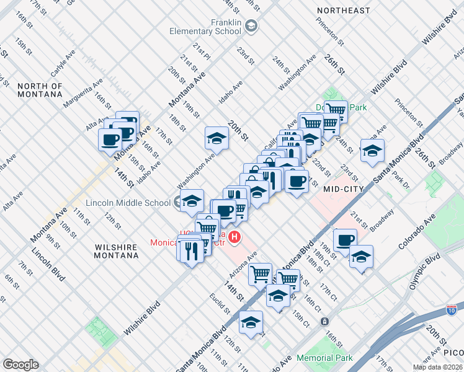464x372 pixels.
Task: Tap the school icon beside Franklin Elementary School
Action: pos(251,26)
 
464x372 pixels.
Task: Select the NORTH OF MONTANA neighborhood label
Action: pos(40,90)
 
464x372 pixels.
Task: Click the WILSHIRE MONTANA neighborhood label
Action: pos(115,251)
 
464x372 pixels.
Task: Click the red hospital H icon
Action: pos(234,236)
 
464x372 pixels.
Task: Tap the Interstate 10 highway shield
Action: pos(451,309)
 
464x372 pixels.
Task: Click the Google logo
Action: pos(20,364)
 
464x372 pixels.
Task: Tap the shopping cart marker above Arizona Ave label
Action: pos(261,273)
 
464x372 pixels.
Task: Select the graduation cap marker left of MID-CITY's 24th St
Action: pos(372,151)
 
